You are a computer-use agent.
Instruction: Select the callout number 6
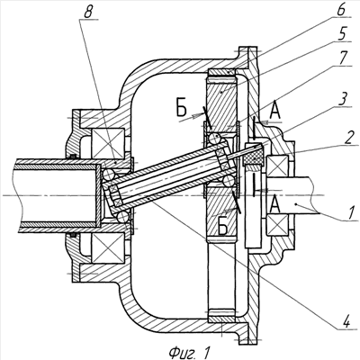click(x=341, y=10)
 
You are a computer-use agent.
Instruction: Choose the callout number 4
click(x=346, y=322)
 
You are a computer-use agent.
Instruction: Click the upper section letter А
click(x=275, y=112)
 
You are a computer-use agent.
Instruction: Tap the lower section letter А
click(x=275, y=206)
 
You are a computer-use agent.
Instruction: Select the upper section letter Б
click(x=181, y=110)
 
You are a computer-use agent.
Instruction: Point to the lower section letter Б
click(x=222, y=228)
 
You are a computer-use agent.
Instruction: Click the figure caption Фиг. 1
click(x=189, y=352)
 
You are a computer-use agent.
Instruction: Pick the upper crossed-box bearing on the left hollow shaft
click(x=109, y=143)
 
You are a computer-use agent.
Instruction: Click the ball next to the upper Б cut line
click(x=215, y=139)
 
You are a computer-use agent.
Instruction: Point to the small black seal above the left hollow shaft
click(x=72, y=156)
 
